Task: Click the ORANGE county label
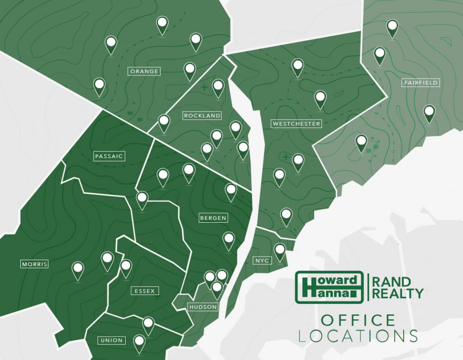[144, 71]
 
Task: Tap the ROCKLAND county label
[202, 116]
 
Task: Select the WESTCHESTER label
[296, 123]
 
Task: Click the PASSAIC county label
[109, 156]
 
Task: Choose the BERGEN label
[213, 218]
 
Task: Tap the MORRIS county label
[34, 264]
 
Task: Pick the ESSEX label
[144, 291]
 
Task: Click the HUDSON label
[203, 307]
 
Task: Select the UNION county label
[111, 340]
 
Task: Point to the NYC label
[262, 261]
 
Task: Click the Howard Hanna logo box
[329, 287]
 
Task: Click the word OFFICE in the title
[358, 321]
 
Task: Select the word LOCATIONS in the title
[358, 336]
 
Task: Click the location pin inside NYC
[280, 250]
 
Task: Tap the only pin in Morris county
[78, 269]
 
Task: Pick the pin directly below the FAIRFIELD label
[429, 112]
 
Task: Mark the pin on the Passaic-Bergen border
[142, 199]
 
